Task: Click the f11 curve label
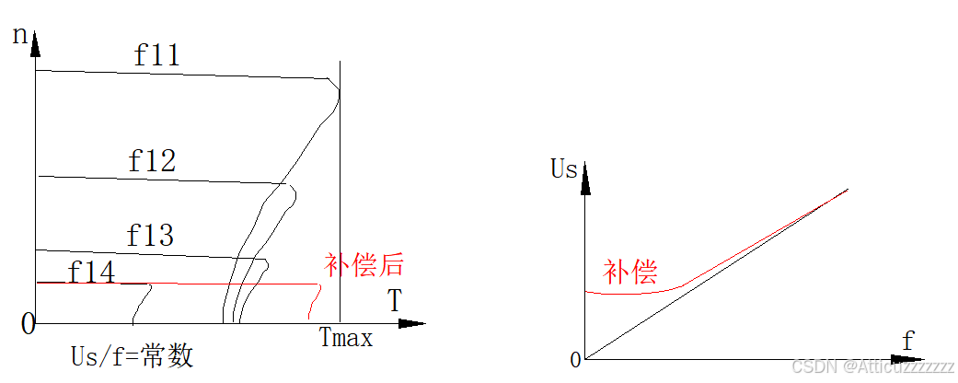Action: coord(156,55)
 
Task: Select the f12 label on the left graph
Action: coord(152,161)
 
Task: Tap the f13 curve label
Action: coord(150,236)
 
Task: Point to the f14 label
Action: coord(92,273)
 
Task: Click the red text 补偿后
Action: coord(364,265)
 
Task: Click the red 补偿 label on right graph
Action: coord(630,272)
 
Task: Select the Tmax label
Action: coord(346,338)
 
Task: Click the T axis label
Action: coord(394,301)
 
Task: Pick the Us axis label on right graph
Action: coord(564,168)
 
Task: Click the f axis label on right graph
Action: coord(908,342)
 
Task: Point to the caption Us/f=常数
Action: coord(133,356)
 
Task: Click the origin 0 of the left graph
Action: coord(28,323)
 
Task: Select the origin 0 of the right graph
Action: coord(576,360)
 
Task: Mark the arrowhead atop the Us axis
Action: coord(585,181)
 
